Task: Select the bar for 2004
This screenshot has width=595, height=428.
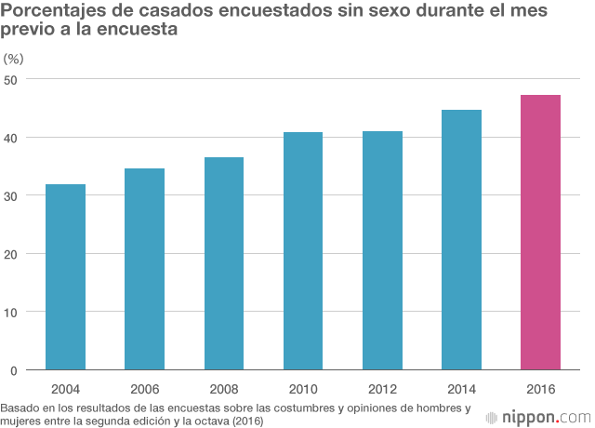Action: (65, 277)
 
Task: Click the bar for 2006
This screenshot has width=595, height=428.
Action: (144, 269)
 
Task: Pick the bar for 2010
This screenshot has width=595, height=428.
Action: (302, 251)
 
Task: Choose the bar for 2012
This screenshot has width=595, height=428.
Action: (382, 250)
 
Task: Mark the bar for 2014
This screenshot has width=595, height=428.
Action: (461, 240)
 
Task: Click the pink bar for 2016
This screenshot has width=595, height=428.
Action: (540, 233)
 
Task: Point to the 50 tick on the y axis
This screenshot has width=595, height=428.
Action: (10, 79)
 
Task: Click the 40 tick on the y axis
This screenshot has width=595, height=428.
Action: (10, 138)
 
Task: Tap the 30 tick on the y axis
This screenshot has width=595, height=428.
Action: (10, 195)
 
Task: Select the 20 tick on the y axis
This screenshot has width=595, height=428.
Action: (10, 254)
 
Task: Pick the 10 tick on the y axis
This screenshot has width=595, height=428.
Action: (10, 312)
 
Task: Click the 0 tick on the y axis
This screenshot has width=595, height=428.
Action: (14, 370)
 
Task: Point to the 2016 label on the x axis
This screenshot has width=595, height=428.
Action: (540, 388)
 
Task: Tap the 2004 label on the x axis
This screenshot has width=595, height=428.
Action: (65, 388)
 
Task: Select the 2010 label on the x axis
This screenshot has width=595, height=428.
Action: (302, 388)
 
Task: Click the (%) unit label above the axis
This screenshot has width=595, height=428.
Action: (14, 58)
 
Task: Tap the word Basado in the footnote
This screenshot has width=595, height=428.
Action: (20, 408)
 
